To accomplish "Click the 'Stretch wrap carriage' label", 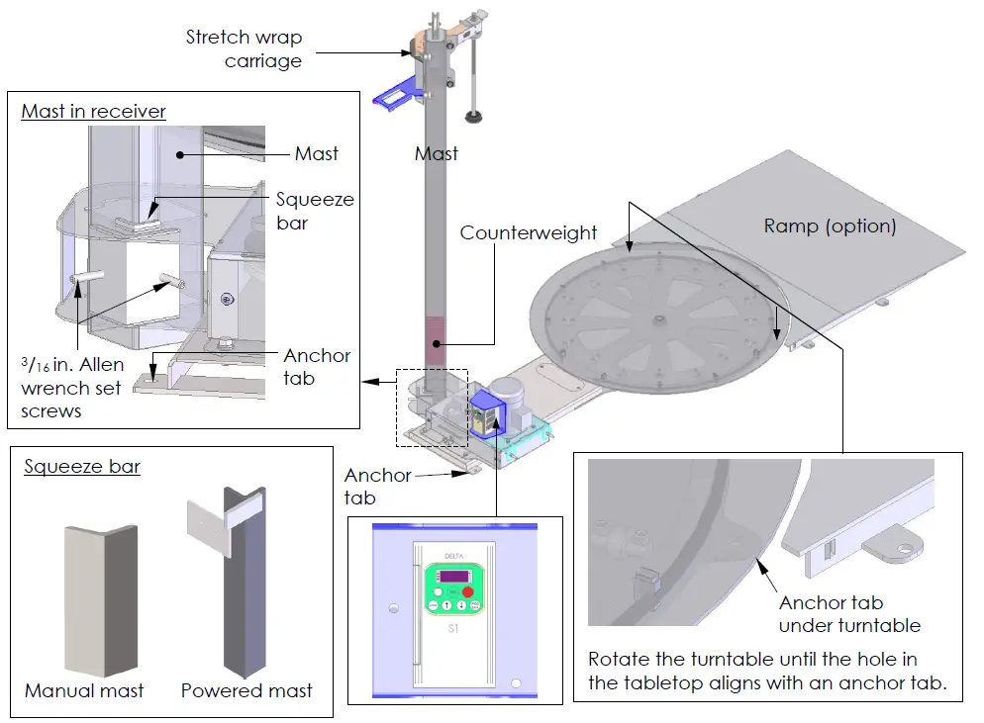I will point(244,49).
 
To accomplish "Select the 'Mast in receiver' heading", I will point(94,111).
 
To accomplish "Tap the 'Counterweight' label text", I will point(529,233).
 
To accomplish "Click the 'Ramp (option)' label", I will point(830,226).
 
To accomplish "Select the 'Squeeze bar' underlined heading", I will point(82,467).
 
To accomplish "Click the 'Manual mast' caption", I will point(84,689).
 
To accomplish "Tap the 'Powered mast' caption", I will point(246,689).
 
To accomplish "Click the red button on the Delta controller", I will point(467,591).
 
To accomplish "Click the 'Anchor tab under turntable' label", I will point(849,613).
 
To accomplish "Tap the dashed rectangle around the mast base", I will point(432,407).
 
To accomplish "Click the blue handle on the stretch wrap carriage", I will point(393,95).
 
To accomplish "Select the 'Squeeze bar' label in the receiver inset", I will point(315,211).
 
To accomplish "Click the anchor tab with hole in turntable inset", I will point(896,542).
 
